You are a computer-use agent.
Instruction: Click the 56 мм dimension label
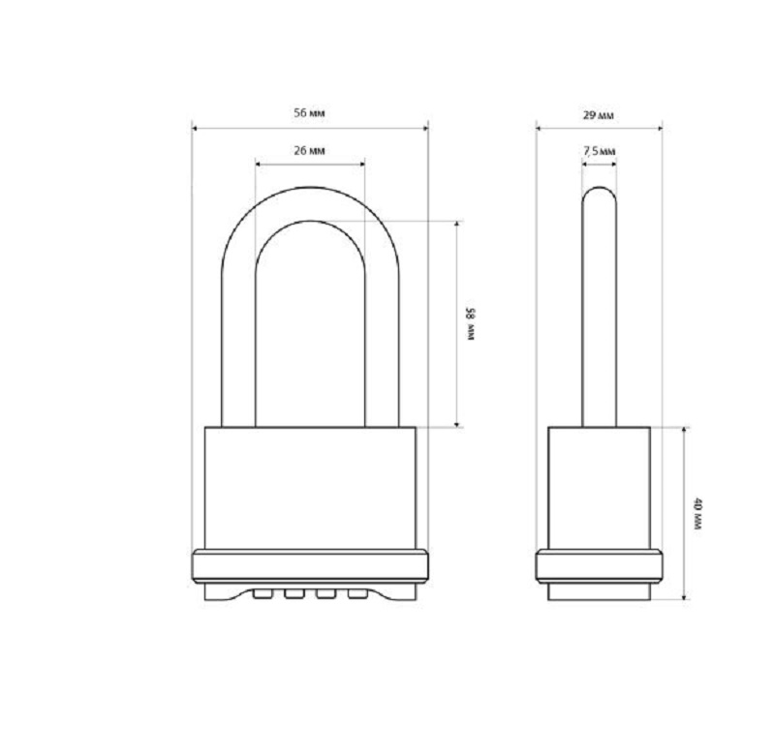pos(309,112)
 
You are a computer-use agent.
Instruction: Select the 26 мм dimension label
pos(309,151)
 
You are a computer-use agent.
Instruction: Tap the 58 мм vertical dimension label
pos(470,324)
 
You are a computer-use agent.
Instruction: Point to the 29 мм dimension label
pos(599,115)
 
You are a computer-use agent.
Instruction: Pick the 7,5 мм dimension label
pos(599,151)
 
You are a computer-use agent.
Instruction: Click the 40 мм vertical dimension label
pos(697,514)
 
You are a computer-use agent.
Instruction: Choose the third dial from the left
pos(325,594)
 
